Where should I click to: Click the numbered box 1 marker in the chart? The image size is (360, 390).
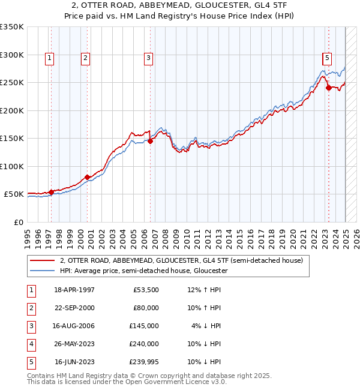point(49,58)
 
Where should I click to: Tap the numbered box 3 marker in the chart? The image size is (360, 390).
point(148,58)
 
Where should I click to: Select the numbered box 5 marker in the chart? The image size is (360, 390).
point(327,58)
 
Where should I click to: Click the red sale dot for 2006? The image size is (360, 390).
point(150,142)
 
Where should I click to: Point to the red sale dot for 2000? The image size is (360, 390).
point(87,177)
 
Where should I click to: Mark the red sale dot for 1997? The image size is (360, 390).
point(51,192)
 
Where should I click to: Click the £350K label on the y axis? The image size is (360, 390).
point(12,27)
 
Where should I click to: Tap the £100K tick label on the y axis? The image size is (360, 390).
point(12,166)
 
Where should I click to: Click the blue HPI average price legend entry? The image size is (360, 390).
point(143,271)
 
